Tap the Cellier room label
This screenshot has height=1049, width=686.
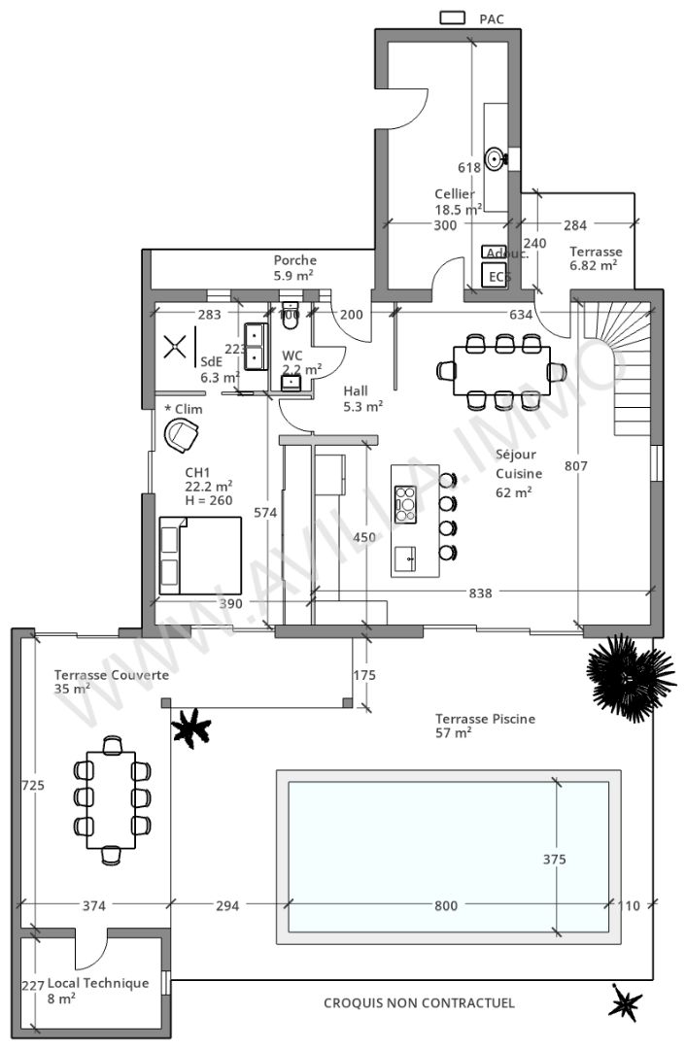(455, 194)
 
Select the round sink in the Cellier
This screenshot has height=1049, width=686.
(495, 157)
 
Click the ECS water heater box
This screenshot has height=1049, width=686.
(498, 277)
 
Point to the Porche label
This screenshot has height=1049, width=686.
(294, 260)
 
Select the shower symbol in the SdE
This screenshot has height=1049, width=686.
(175, 347)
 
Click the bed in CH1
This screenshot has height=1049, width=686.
(200, 555)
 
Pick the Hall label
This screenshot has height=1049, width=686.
(356, 391)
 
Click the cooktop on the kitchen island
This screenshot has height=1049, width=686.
(404, 504)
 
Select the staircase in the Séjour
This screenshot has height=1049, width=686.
(606, 369)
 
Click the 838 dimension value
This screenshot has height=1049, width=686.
(480, 592)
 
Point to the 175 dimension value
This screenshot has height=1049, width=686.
(365, 675)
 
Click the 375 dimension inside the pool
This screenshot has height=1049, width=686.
(555, 859)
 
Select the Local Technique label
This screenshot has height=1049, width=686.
(98, 983)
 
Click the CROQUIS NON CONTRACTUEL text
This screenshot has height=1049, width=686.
(419, 1003)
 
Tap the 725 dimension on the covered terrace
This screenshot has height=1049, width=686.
(32, 787)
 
